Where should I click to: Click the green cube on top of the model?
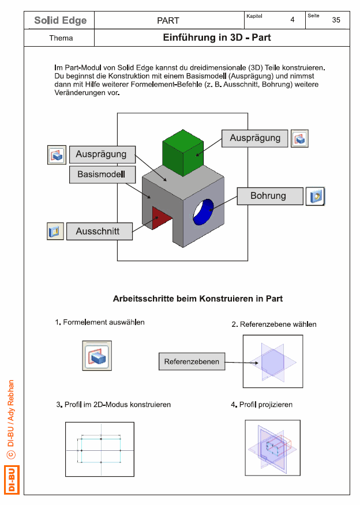tap(183, 153)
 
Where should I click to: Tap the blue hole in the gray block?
tap(204, 212)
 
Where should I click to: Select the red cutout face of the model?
tap(159, 218)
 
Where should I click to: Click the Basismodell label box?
tap(102, 174)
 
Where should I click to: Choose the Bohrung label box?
tap(270, 196)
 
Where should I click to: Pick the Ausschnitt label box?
tap(99, 231)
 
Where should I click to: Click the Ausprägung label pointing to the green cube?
tap(254, 138)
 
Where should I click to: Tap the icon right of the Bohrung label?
tap(315, 196)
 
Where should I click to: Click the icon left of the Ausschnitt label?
tap(55, 231)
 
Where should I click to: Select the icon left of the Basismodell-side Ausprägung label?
tap(57, 155)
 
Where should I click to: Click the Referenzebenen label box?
tap(192, 361)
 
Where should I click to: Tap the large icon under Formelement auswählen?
tap(97, 356)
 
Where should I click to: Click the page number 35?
tap(336, 20)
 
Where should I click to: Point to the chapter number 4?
tap(292, 20)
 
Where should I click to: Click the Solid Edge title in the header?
tap(61, 20)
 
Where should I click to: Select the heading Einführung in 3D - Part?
tap(216, 37)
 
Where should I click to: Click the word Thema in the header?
tap(61, 38)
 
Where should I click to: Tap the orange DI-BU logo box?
tap(12, 480)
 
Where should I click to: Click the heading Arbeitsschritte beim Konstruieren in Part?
tap(197, 299)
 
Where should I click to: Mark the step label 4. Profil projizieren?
tap(262, 405)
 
